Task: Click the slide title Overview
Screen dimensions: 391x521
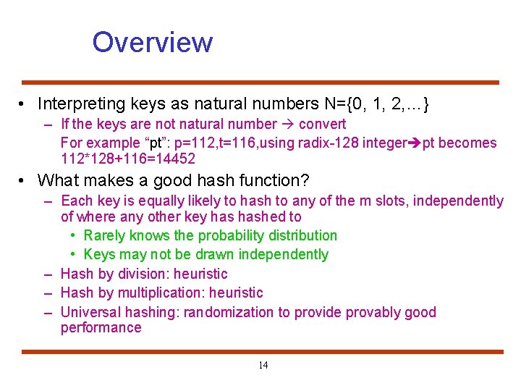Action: pos(152,42)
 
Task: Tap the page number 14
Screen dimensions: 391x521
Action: pos(263,365)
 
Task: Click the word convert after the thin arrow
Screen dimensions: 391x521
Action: pos(322,125)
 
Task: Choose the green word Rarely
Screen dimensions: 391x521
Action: pos(106,235)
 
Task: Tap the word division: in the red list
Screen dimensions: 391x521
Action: pos(152,274)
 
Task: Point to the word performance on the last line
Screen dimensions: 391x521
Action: pos(101,328)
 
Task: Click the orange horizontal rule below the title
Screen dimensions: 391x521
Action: pos(260,83)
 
